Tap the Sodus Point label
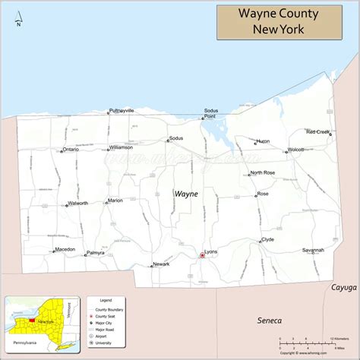tap(210, 114)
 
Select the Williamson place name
tap(121, 147)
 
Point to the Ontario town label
tap(71, 150)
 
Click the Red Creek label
tap(317, 131)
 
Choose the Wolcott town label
tap(295, 150)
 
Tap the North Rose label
tap(263, 173)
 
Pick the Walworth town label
tap(77, 203)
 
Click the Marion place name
tap(115, 201)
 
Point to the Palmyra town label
tap(96, 252)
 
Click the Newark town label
tap(161, 264)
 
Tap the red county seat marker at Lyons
tap(202, 256)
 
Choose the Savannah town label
tap(313, 249)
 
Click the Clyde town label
tap(267, 239)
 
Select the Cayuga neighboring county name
tap(343, 288)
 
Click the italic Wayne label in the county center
tap(186, 194)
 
